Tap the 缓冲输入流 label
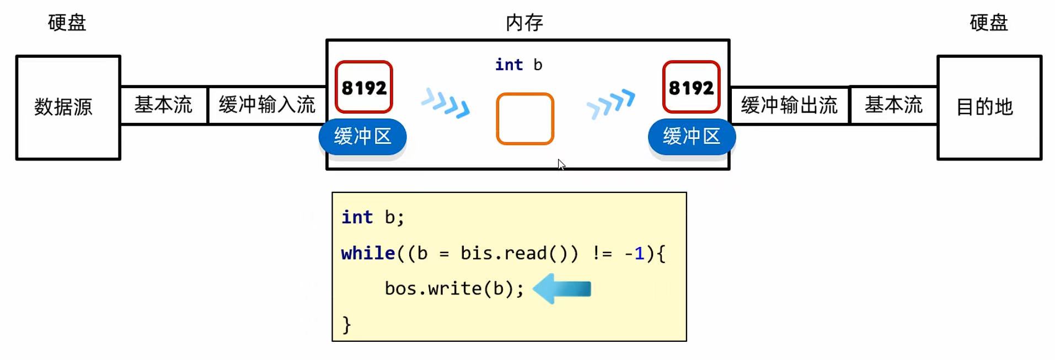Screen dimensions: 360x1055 (x=267, y=105)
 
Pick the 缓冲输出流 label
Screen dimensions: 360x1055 (x=789, y=105)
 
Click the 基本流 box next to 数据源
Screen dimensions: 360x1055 (x=163, y=105)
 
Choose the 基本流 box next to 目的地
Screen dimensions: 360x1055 (x=893, y=105)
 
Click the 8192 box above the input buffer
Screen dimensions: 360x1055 (x=364, y=87)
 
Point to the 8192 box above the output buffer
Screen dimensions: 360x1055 (x=691, y=87)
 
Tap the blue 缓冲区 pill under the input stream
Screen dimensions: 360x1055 (x=362, y=136)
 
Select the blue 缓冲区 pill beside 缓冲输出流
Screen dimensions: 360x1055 (x=692, y=136)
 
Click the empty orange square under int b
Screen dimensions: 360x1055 (x=524, y=119)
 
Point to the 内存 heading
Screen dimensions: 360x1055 (x=524, y=23)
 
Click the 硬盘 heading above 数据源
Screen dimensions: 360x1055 (x=67, y=23)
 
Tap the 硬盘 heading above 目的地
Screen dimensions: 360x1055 (x=989, y=23)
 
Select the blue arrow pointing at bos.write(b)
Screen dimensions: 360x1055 (x=563, y=289)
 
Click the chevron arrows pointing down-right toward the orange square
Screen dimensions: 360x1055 (x=446, y=103)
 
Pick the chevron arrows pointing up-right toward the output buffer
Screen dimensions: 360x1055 (x=611, y=103)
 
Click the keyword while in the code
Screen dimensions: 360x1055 (x=368, y=253)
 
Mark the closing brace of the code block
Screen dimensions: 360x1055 (x=346, y=324)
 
